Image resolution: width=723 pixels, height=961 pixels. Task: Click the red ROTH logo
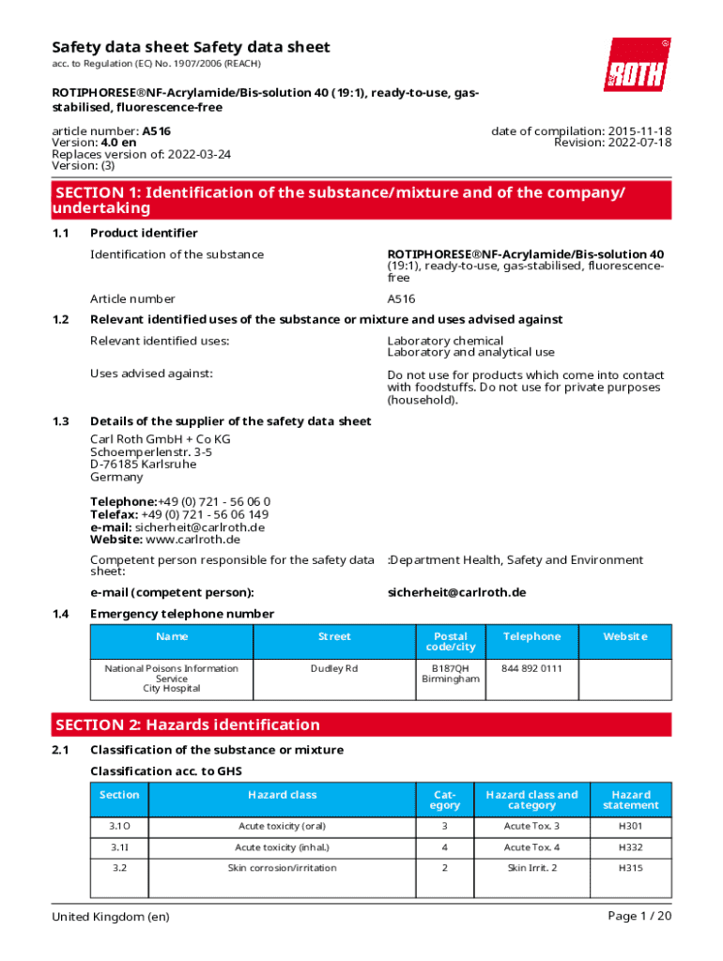637,65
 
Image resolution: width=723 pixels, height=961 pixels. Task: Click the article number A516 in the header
156,131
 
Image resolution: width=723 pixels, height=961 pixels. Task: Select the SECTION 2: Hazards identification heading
188,725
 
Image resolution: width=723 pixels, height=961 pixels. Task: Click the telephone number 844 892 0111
531,668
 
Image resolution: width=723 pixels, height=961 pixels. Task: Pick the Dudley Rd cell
334,668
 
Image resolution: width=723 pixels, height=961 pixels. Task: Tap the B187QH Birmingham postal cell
450,673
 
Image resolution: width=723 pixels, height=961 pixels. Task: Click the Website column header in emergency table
624,636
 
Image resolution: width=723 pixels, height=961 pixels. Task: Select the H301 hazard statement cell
630,826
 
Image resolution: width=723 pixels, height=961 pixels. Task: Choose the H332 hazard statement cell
630,847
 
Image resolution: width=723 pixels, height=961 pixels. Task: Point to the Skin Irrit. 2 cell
531,868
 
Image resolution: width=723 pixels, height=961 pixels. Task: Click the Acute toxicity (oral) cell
282,826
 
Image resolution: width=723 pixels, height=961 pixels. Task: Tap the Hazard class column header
282,795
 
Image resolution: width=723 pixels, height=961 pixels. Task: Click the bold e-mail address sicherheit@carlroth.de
456,592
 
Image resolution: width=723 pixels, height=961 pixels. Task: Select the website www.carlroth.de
193,540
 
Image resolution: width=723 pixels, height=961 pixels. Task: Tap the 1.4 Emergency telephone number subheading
182,614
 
